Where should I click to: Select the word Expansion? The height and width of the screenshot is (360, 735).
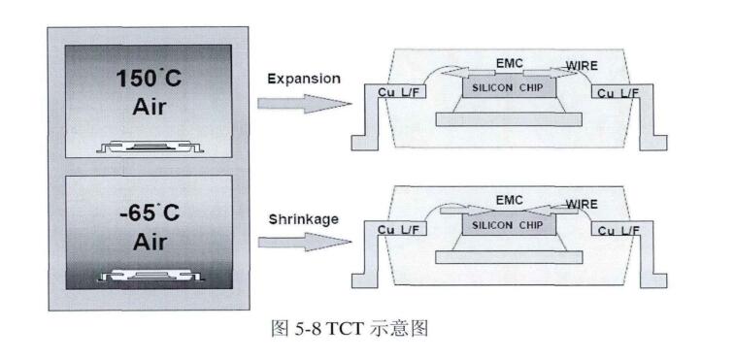click(x=304, y=79)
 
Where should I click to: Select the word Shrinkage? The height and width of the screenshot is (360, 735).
click(x=303, y=219)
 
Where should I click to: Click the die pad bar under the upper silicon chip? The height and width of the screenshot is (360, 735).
click(x=507, y=119)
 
